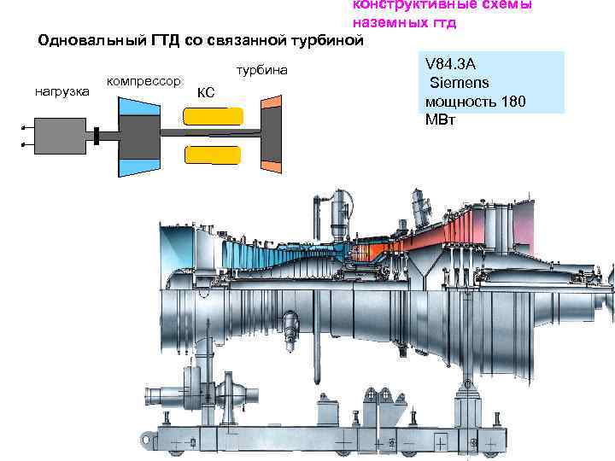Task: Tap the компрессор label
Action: click(143, 81)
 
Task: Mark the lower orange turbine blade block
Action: click(270, 166)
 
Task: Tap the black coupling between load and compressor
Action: click(98, 136)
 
